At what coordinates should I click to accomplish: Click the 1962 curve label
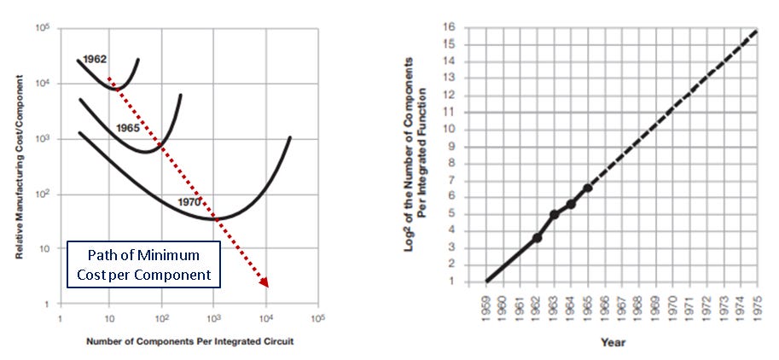pos(95,60)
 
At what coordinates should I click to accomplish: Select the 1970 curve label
pos(189,202)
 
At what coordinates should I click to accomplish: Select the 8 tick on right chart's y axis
pos(471,163)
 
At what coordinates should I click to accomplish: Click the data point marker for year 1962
pos(538,237)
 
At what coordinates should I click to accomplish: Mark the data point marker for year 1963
pos(554,214)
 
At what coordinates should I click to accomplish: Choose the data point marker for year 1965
pos(587,188)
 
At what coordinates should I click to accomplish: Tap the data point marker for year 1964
pos(571,203)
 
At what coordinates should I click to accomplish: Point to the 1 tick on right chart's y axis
pos(471,282)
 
